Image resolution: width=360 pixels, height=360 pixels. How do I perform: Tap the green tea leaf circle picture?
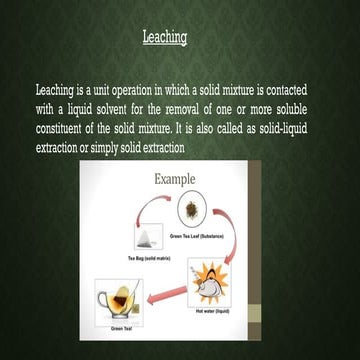(x=192, y=210)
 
